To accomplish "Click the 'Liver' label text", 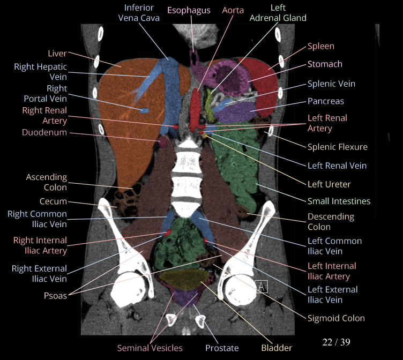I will (x=57, y=53).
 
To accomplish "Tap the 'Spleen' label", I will (x=320, y=47).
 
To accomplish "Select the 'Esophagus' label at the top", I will (x=189, y=10).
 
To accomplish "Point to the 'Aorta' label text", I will (x=233, y=10).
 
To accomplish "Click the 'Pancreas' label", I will (x=325, y=101).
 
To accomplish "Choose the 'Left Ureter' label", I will (x=329, y=184).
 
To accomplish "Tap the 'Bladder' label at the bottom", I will (x=277, y=348).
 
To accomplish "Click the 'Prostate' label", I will (x=222, y=348).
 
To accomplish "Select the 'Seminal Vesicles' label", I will (x=150, y=348).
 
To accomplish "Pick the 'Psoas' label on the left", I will (x=56, y=295).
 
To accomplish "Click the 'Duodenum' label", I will (x=44, y=132).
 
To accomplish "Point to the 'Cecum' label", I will (x=53, y=201).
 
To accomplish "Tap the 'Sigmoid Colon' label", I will (x=336, y=318).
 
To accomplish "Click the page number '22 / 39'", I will (x=336, y=341).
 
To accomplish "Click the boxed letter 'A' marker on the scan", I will (x=262, y=287).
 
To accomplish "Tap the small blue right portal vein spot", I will (x=144, y=110).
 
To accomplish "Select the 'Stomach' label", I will (x=325, y=64).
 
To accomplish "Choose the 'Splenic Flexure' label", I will (x=337, y=147).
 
